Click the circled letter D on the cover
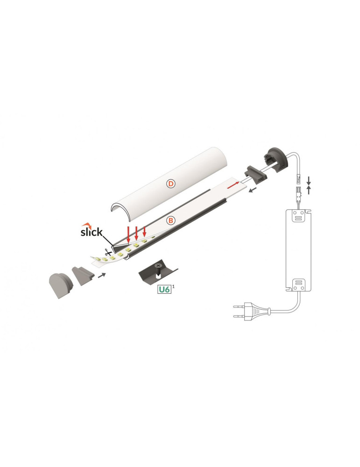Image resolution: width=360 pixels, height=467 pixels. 171,184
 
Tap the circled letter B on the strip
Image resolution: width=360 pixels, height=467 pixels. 170,219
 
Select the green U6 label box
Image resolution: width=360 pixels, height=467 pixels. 163,290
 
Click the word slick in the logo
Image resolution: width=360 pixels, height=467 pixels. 91,232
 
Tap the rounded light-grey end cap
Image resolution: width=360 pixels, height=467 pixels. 59,284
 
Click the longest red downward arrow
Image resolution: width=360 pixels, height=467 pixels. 128,233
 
